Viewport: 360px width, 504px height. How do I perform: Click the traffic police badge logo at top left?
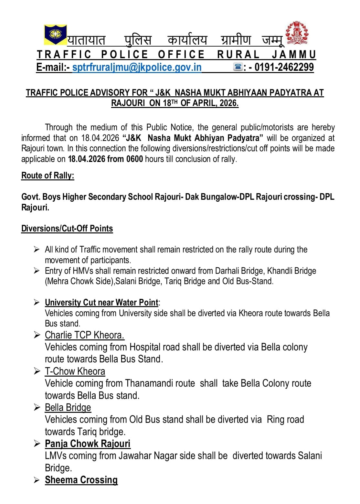(x=55, y=34)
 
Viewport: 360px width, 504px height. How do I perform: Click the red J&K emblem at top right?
(x=297, y=33)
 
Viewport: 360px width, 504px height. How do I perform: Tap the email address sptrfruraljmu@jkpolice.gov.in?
(x=137, y=67)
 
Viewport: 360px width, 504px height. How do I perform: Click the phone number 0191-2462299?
(x=284, y=67)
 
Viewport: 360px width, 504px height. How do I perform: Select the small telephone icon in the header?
(x=238, y=67)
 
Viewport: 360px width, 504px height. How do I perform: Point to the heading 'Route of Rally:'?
(x=48, y=176)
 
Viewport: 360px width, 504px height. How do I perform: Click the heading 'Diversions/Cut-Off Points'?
(x=67, y=229)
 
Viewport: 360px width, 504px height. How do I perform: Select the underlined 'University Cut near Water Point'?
(x=101, y=303)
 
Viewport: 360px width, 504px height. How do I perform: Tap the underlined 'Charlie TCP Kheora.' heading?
(x=84, y=335)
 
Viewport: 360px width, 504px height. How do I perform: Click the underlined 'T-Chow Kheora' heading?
(x=75, y=371)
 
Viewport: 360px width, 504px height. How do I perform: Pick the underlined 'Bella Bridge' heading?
(x=68, y=408)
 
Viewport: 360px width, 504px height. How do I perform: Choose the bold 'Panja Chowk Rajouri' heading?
(x=88, y=444)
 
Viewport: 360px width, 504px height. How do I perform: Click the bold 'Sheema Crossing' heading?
(x=81, y=480)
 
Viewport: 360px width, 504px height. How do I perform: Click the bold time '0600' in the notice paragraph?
(x=134, y=159)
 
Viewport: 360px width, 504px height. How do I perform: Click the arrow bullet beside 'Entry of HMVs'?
(x=37, y=271)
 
